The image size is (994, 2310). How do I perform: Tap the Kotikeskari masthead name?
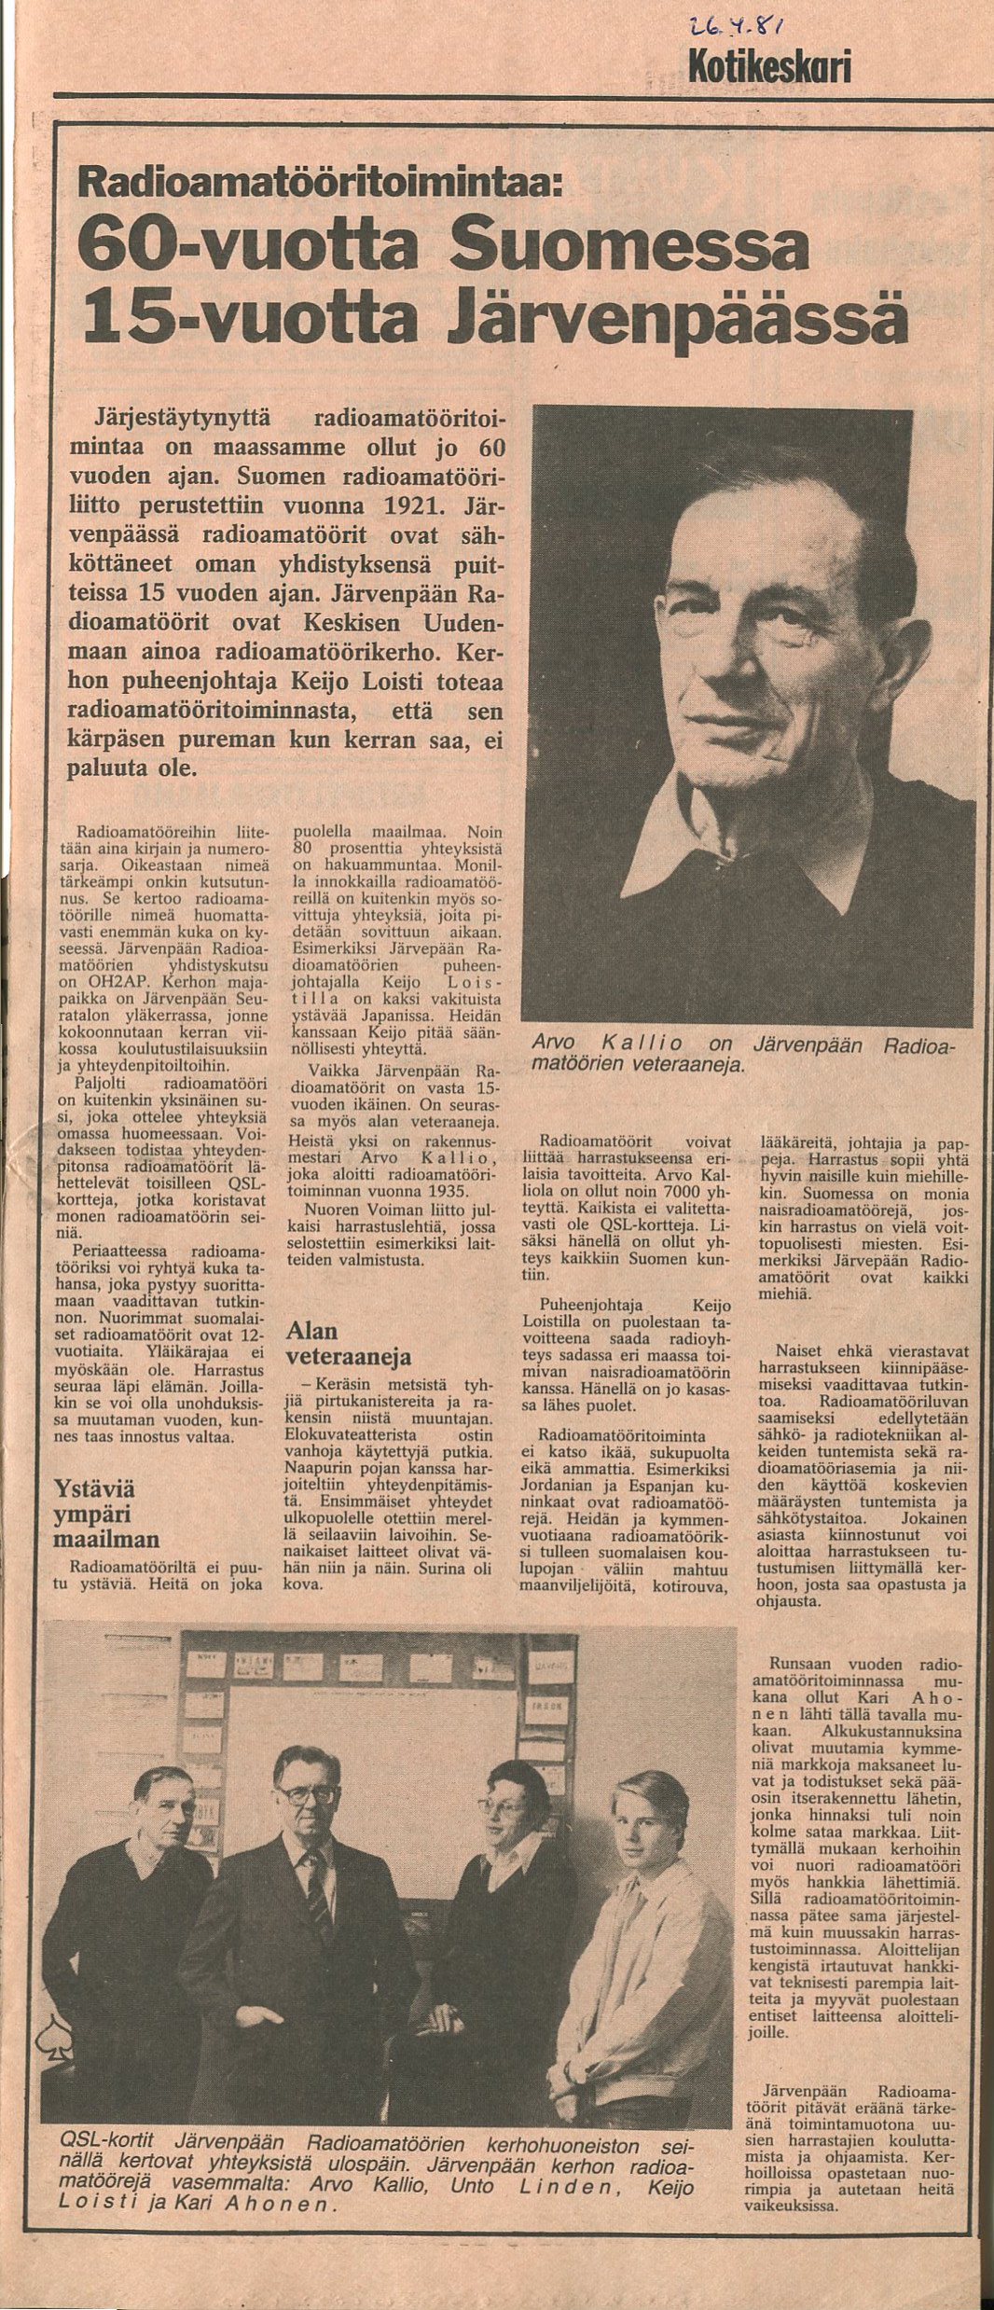tap(768, 67)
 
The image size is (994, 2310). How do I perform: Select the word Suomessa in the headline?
tap(628, 251)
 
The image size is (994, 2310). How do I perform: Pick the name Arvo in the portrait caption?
tap(554, 1044)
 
